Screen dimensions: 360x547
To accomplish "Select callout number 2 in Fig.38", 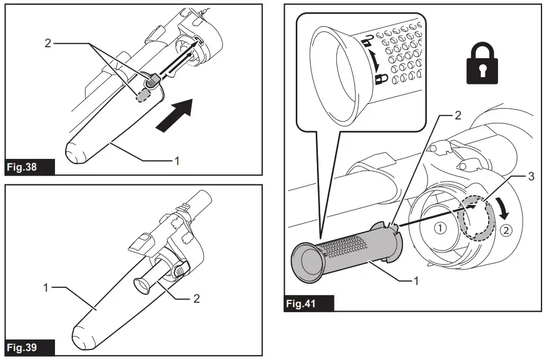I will click(48, 43).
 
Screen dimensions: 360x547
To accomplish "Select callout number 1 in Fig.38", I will click(177, 161).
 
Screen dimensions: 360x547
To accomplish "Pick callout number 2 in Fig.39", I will click(196, 298).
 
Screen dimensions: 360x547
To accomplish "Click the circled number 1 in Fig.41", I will click(440, 227).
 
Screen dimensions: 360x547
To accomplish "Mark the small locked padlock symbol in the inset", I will click(380, 79).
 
